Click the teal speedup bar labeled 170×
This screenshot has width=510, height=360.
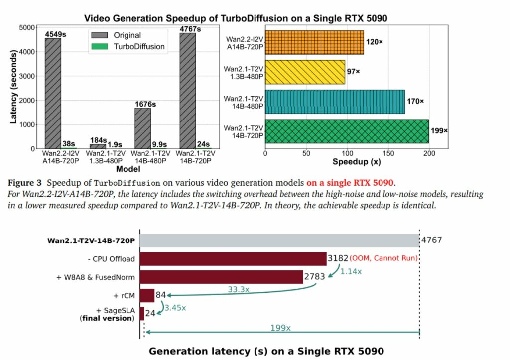tap(335, 102)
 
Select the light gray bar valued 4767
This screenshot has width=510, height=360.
tap(279, 240)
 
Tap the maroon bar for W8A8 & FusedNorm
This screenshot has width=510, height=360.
tap(222, 277)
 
